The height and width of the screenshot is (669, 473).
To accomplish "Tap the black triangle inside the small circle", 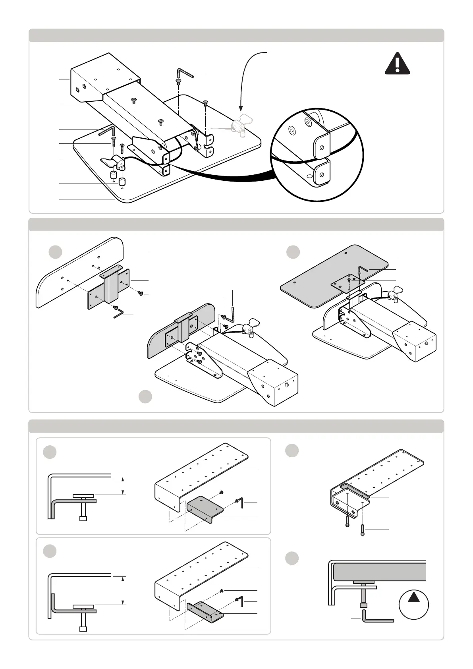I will (413, 597).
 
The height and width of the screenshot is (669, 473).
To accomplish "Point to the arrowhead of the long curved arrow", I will (240, 109).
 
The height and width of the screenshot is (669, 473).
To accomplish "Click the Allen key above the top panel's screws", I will (185, 73).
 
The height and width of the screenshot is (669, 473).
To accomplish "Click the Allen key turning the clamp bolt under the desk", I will (377, 617).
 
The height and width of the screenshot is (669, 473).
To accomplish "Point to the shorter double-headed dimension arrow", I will (123, 485).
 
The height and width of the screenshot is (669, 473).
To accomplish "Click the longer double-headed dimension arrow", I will (123, 590).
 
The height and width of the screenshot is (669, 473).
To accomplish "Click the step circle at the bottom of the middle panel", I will (145, 396).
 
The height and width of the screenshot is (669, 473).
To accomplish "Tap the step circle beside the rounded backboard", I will (55, 252).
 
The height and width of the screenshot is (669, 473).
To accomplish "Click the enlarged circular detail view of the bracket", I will (318, 155).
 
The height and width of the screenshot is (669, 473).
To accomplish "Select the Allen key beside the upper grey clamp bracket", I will (240, 503).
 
